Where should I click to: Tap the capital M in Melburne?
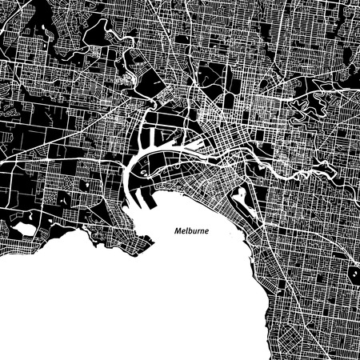pyautogui.click(x=178, y=230)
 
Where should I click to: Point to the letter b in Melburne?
pyautogui.click(x=194, y=230)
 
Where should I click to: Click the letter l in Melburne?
pyautogui.click(x=190, y=230)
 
